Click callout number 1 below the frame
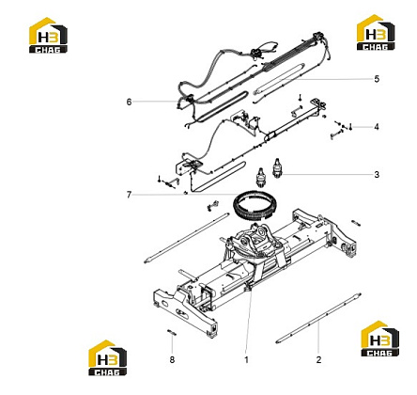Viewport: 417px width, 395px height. [246, 360]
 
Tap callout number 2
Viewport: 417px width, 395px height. [318, 360]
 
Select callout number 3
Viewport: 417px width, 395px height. [377, 175]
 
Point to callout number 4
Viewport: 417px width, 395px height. [377, 127]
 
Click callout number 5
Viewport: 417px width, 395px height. [377, 79]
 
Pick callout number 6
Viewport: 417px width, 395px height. [129, 102]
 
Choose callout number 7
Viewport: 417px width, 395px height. [129, 195]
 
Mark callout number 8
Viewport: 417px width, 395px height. [172, 360]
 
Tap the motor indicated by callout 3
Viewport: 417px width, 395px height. [276, 167]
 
